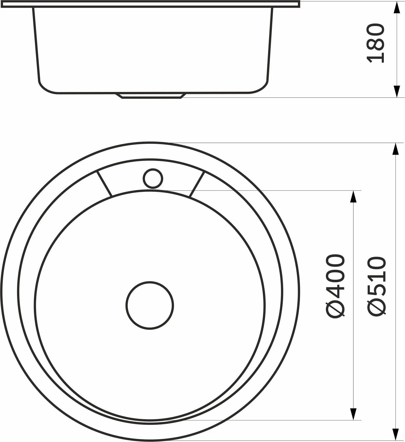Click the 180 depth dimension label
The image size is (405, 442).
(x=375, y=43)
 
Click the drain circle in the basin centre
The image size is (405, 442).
(x=150, y=305)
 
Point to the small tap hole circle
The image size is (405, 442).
(x=153, y=178)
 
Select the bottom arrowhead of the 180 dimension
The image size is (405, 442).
(x=397, y=91)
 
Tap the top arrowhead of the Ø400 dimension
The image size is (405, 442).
(x=353, y=197)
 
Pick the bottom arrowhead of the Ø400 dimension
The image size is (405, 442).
(x=353, y=421)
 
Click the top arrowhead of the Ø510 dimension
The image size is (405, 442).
(x=396, y=149)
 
